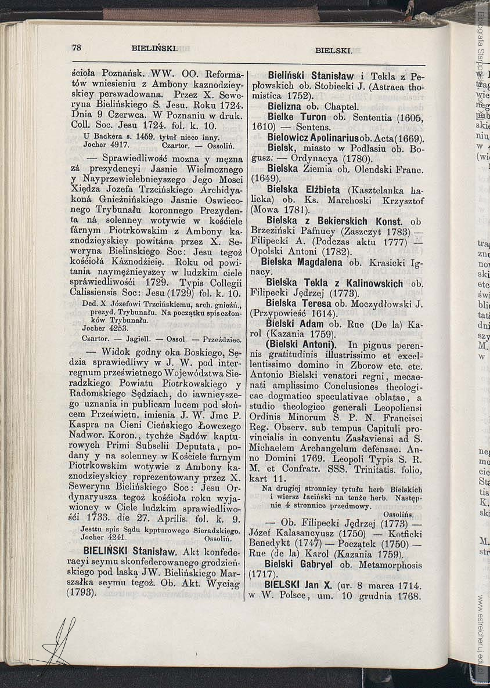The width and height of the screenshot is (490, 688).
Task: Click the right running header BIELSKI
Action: (334, 50)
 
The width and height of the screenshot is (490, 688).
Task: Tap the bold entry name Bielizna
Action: (285, 107)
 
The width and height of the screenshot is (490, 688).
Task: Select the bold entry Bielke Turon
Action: (297, 117)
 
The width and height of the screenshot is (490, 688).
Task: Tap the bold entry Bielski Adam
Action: (295, 324)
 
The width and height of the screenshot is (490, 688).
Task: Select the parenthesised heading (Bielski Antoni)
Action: (298, 345)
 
